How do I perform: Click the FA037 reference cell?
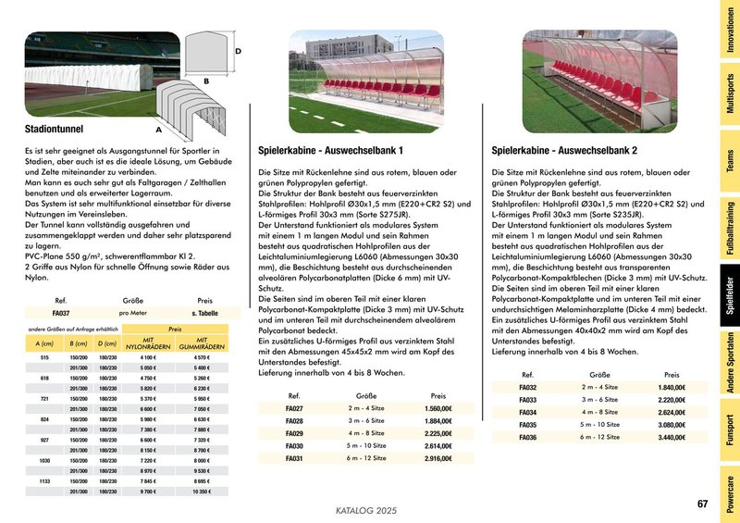61,314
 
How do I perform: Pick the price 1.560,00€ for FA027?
438,408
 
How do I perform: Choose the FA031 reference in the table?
295,458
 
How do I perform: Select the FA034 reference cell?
528,412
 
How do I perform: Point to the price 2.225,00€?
438,433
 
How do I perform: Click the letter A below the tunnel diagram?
158,131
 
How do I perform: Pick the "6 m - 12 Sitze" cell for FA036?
599,437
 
